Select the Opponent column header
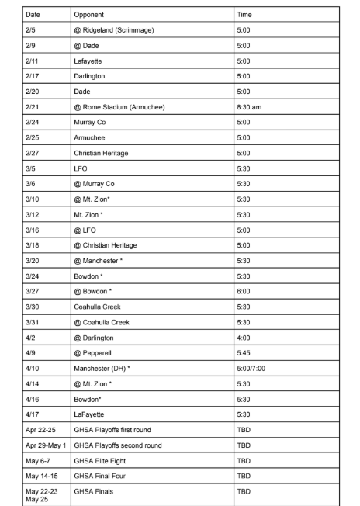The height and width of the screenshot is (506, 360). coord(88,15)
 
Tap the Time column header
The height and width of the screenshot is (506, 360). coord(244,15)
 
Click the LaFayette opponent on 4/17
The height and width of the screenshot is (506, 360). coord(91,414)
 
